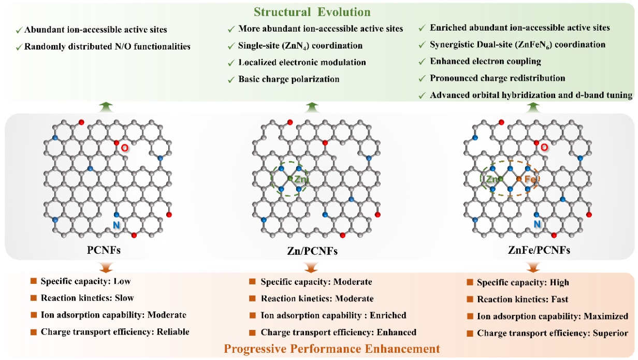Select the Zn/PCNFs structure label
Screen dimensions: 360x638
click(x=310, y=251)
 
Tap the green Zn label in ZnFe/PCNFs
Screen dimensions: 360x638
click(x=491, y=179)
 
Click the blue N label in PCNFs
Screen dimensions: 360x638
click(x=117, y=225)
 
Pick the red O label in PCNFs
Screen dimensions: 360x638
click(x=124, y=148)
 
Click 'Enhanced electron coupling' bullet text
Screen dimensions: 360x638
click(x=486, y=61)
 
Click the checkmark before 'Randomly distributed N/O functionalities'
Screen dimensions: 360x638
click(x=19, y=47)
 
